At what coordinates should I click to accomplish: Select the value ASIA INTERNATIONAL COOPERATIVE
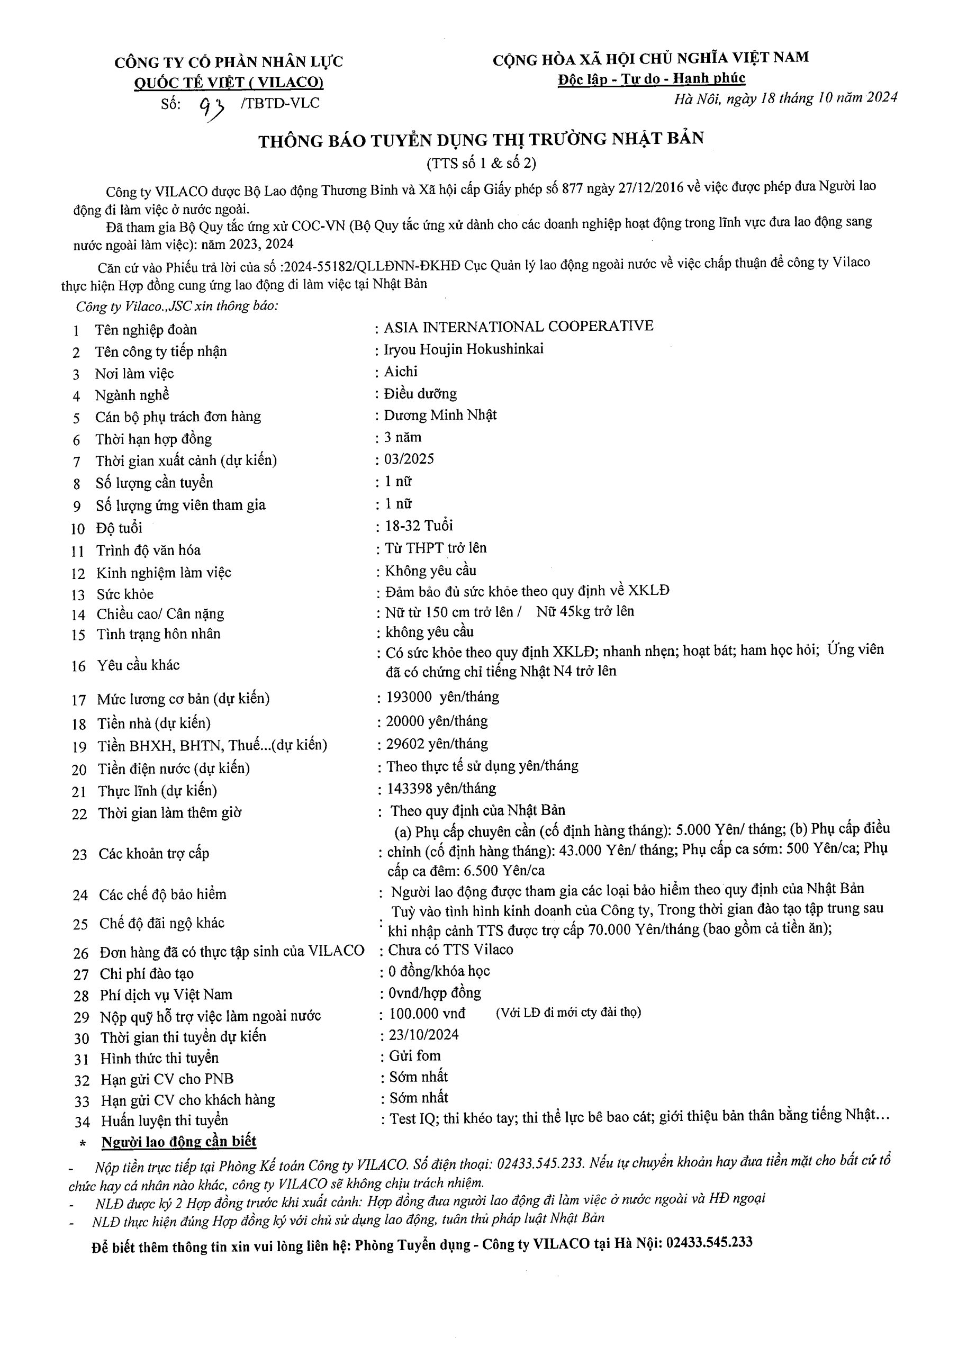pos(518,327)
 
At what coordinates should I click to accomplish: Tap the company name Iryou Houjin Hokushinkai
pos(463,349)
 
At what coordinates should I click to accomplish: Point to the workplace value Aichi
pos(401,371)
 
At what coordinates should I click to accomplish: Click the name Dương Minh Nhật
pos(440,415)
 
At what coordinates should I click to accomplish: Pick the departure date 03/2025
pos(409,458)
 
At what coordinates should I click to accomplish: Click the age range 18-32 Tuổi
pos(419,525)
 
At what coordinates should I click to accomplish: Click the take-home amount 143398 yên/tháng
pos(441,789)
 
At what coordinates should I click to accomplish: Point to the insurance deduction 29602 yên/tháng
pos(437,743)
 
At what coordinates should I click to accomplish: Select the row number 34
pos(82,1121)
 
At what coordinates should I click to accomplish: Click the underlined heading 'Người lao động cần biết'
pos(179,1141)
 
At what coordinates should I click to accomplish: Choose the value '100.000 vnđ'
pos(427,1013)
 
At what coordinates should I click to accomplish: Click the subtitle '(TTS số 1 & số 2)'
pos(481,163)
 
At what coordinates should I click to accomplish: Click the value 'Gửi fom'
pos(414,1056)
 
